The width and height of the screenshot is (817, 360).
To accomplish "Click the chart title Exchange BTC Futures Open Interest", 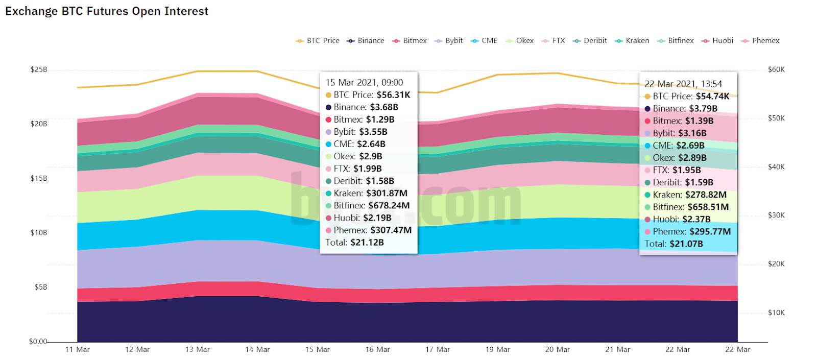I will tap(107, 11).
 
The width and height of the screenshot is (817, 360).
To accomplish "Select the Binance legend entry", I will tap(366, 41).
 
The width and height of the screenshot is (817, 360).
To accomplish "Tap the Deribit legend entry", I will tap(590, 41).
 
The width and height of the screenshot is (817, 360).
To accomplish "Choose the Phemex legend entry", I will tap(761, 41).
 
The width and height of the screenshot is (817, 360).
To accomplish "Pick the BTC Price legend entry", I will tap(318, 41).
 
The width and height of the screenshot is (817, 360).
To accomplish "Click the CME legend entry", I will tap(484, 41).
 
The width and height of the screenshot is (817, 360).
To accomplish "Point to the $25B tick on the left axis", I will tap(39, 69).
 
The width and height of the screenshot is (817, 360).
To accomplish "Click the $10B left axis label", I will tap(39, 233).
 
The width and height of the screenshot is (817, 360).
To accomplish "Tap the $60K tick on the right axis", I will tap(776, 69).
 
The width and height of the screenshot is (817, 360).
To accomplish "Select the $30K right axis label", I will tap(776, 215).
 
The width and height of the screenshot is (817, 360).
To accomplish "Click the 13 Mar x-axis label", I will tap(197, 350).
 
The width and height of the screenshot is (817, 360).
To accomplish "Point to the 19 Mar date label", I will tap(497, 350).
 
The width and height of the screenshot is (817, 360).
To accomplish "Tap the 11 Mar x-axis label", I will tap(77, 350).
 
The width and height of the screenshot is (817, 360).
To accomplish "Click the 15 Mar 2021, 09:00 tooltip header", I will tap(364, 83).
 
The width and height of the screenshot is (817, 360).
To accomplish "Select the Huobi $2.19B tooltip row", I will tap(362, 218).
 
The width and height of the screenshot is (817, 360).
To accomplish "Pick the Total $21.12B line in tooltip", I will tap(354, 243).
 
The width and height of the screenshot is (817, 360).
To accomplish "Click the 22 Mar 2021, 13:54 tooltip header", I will tap(683, 84).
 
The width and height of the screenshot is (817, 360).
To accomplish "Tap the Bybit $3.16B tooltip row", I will tap(679, 133).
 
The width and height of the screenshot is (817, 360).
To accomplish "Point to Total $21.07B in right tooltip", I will tap(674, 244).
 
